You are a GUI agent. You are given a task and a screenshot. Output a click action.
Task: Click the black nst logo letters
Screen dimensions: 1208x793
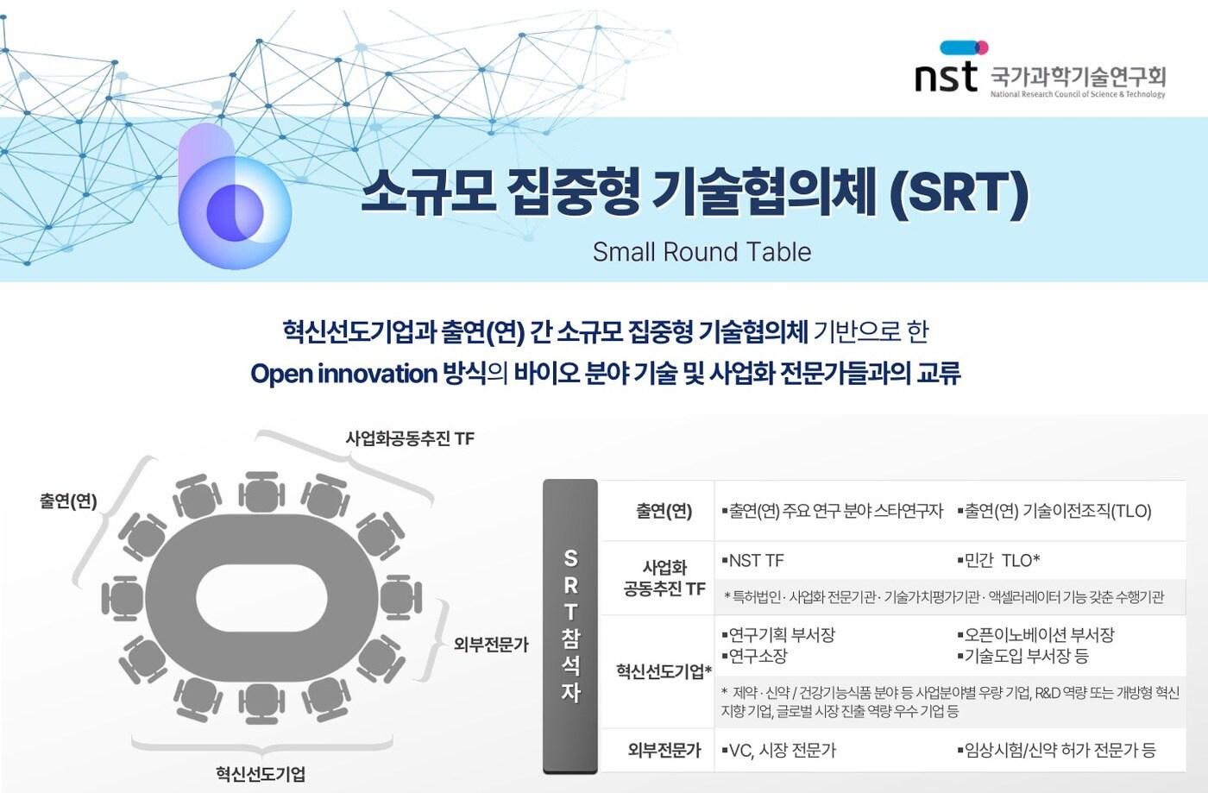[x=946, y=77]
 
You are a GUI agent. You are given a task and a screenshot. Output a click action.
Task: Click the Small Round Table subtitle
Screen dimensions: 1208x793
[x=702, y=252]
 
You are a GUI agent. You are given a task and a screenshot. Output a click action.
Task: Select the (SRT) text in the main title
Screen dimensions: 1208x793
[x=959, y=193]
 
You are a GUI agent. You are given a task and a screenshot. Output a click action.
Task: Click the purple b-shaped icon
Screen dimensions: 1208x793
[x=235, y=197]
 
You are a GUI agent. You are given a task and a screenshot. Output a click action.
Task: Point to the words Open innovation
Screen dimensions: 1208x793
[x=343, y=374]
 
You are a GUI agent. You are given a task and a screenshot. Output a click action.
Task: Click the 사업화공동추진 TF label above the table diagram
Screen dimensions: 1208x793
[x=410, y=438]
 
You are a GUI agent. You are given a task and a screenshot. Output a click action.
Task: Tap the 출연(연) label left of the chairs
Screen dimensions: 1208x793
[x=68, y=501]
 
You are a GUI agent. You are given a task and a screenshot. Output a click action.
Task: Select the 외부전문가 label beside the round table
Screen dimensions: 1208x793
[x=491, y=644]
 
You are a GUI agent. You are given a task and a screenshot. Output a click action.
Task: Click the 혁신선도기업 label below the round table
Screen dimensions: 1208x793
[x=261, y=774]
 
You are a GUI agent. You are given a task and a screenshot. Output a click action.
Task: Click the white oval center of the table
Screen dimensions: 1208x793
[x=261, y=599]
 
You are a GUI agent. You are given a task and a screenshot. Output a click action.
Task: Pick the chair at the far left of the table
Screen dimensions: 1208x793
[x=123, y=598]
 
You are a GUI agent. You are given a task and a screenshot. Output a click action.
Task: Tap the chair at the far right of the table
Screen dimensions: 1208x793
[x=401, y=598]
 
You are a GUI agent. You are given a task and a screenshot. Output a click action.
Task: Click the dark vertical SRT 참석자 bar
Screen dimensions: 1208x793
[x=570, y=626]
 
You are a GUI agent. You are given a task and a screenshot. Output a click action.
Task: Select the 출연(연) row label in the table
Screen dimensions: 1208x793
[x=664, y=510]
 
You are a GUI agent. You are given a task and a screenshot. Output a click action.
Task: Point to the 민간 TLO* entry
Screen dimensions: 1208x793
[x=998, y=561]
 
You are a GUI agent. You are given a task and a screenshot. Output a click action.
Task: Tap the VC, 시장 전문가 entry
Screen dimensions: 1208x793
[x=778, y=751]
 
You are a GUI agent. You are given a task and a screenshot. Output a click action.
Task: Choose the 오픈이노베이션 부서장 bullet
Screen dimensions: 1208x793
[x=1036, y=634]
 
